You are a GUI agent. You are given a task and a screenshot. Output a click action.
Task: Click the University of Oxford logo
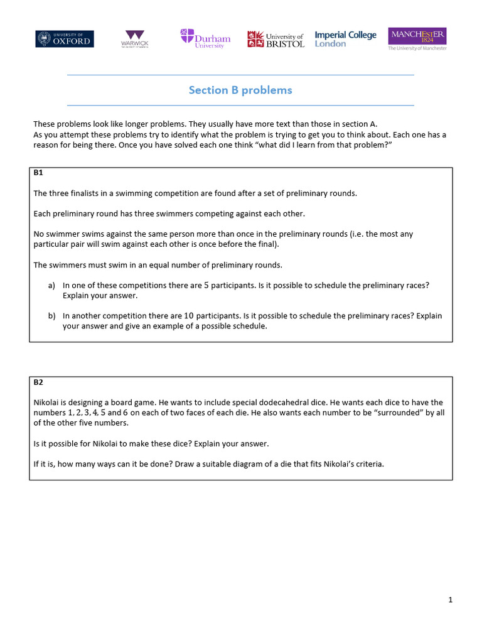65,38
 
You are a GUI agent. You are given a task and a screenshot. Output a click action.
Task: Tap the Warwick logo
134,39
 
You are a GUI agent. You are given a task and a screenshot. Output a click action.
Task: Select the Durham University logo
205,38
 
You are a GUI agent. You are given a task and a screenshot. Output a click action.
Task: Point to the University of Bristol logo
276,39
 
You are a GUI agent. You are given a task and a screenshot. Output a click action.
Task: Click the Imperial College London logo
345,39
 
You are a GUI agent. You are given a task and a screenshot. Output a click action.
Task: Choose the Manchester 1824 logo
417,38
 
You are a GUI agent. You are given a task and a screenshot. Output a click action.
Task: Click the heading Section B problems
240,90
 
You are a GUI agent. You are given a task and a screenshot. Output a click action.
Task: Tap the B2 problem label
38,381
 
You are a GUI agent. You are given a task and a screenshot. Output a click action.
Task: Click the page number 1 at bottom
450,600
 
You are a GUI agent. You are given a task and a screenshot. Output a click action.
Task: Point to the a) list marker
51,285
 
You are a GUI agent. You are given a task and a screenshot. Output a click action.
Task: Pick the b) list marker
51,316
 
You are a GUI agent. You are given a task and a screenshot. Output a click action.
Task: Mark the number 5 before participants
206,285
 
